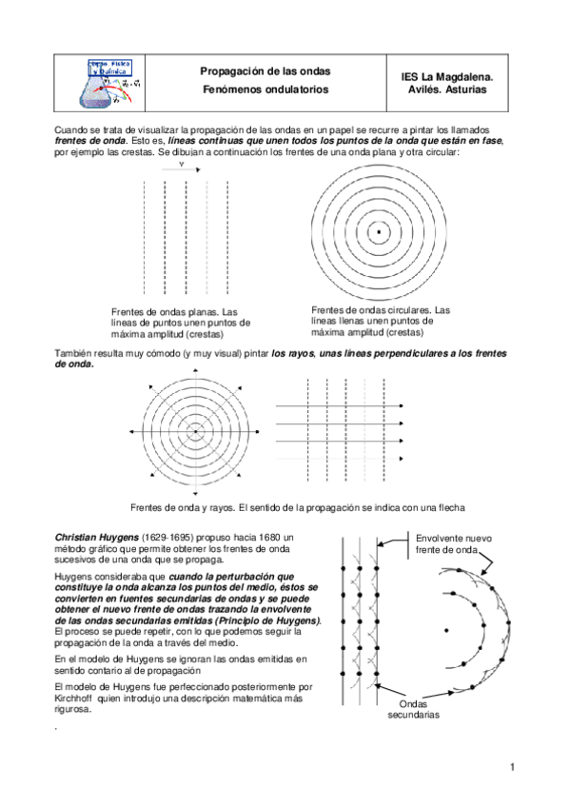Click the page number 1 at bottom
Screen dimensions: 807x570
512,767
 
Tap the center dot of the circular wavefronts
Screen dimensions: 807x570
378,231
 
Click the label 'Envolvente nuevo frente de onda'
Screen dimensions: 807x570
454,544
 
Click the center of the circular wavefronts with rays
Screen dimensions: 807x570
195,432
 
